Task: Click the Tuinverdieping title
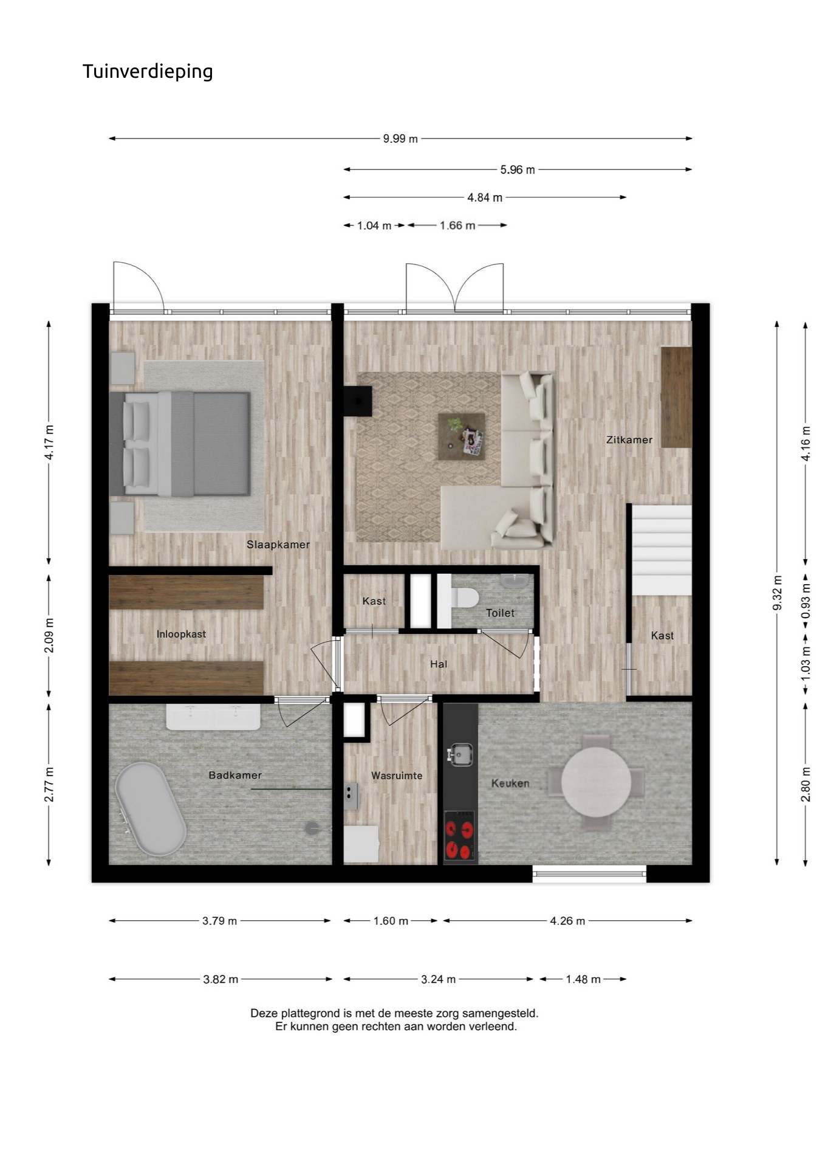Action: pos(148,72)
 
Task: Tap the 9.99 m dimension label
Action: pos(400,139)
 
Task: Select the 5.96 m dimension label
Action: pos(518,170)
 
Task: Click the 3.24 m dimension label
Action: pos(438,979)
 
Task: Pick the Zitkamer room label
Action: pos(629,439)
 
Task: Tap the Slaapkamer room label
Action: pos(278,545)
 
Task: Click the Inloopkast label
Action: pos(181,634)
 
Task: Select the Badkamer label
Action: pos(235,775)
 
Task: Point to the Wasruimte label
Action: pos(397,776)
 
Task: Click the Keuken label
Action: pos(510,783)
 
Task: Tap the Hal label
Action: pos(439,664)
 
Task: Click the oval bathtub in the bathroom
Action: pos(151,809)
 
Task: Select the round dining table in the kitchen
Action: pos(596,782)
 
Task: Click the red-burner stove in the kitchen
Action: pos(460,836)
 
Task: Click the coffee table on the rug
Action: pos(462,436)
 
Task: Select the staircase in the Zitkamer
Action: pos(662,550)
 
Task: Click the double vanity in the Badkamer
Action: pos(213,717)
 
